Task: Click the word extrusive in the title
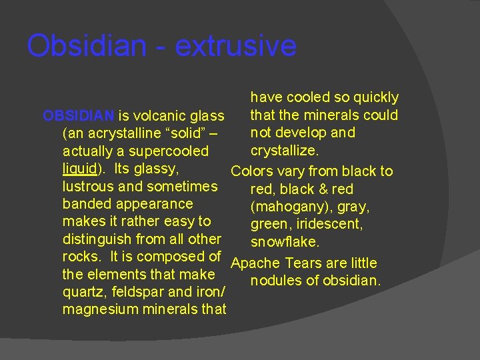tap(235, 46)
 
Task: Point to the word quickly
tap(375, 98)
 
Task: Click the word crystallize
tap(284, 151)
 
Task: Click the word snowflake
tap(285, 241)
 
